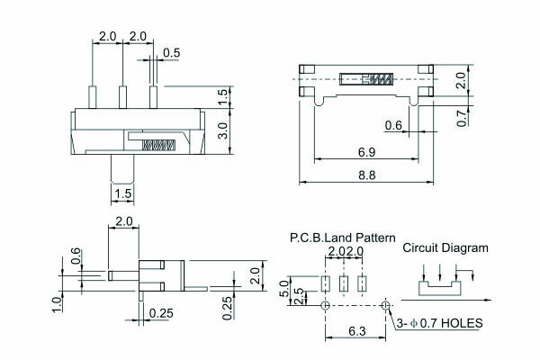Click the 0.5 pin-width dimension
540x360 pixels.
pyautogui.click(x=171, y=52)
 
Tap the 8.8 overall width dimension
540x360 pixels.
pyautogui.click(x=366, y=175)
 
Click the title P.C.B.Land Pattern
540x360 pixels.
pyautogui.click(x=342, y=238)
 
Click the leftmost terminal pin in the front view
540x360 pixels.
pyautogui.click(x=93, y=96)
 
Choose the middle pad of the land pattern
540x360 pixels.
pyautogui.click(x=344, y=284)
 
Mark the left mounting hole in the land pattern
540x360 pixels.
pyautogui.click(x=325, y=305)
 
